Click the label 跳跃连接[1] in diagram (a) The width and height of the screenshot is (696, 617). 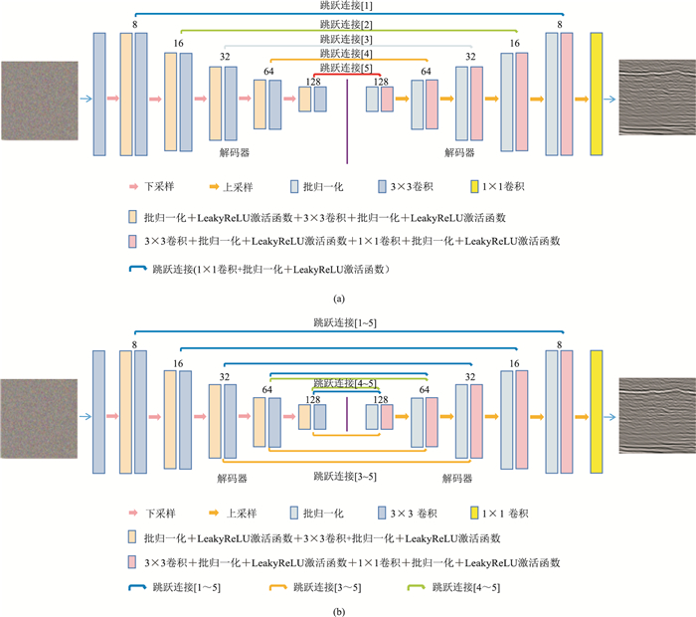(x=347, y=7)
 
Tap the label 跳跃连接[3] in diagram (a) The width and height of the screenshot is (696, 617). (x=347, y=39)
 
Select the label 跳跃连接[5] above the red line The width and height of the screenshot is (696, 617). (x=347, y=68)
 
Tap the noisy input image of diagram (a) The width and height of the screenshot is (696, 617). (x=37, y=99)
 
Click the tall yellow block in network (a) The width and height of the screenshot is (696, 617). (x=597, y=94)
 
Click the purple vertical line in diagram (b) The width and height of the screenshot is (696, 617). (x=347, y=411)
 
